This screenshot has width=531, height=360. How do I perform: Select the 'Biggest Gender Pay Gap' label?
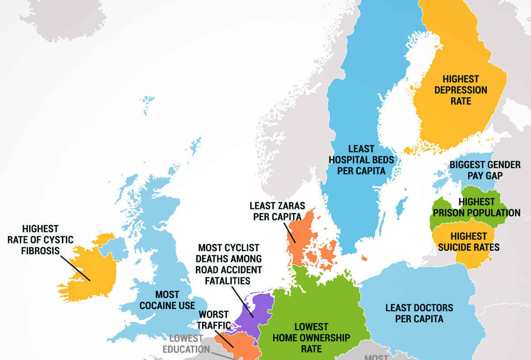485,170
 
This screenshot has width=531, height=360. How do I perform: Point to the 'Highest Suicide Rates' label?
468,242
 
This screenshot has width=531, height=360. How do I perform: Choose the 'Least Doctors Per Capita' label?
419,313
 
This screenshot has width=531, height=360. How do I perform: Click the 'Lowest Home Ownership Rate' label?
311,337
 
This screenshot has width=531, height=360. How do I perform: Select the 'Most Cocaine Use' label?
167,300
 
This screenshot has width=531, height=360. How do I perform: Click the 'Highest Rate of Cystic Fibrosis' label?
40,240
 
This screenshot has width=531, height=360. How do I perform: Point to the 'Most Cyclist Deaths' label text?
229,264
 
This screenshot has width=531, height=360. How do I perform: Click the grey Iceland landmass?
62,18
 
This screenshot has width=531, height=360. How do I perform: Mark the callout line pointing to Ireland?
75,266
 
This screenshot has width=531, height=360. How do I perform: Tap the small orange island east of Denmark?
364,258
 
